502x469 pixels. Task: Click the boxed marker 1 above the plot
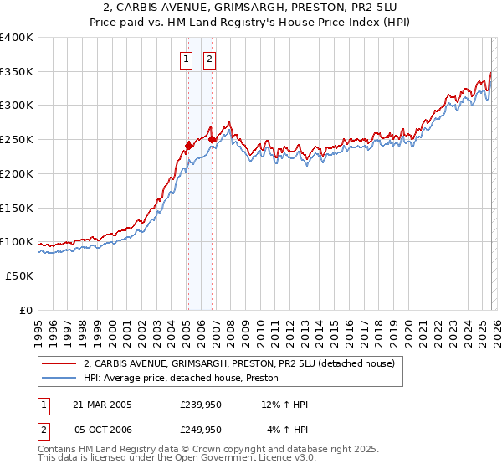[185, 59]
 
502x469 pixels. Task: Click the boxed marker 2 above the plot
[208, 59]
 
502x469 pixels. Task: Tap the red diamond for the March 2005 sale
[188, 146]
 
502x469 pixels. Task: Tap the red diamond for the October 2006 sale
[213, 139]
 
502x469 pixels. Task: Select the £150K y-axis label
[17, 208]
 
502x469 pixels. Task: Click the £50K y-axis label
[19, 276]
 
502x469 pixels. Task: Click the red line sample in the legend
[59, 363]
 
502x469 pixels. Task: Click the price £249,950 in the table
[201, 430]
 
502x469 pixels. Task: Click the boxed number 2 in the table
[44, 430]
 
